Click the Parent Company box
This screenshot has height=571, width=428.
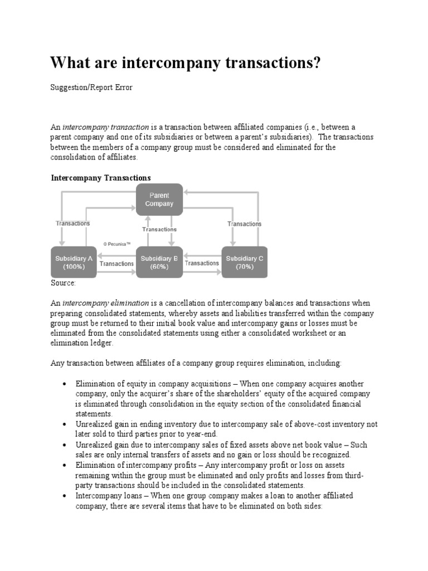coord(159,200)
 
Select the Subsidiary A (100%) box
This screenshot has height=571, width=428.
coord(74,262)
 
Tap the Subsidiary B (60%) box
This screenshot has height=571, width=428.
coord(159,262)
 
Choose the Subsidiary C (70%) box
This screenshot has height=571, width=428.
coord(244,262)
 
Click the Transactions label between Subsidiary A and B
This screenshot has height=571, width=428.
coord(116,263)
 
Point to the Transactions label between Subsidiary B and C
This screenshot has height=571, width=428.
coord(202,263)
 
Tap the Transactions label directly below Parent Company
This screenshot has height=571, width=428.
coord(159,229)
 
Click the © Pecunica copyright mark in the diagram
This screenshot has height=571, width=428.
coord(116,244)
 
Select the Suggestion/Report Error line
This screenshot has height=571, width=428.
coord(92,88)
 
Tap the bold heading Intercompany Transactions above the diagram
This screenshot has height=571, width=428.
coord(101,177)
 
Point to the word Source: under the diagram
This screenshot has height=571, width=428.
coord(63,283)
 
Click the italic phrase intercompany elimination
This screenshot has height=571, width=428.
coord(105,303)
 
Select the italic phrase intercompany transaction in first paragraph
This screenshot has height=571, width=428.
coord(105,127)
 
